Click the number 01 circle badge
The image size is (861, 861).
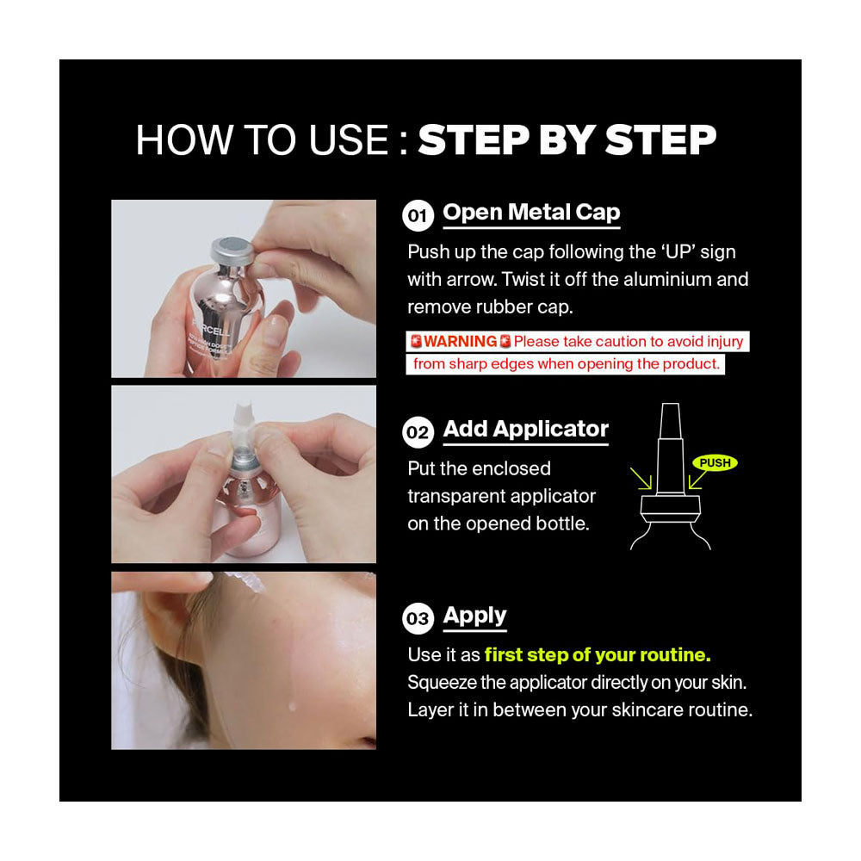coord(418,215)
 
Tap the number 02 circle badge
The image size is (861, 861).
coord(418,432)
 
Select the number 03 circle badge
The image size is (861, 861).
coord(418,619)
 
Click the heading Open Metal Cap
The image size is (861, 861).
coord(531,213)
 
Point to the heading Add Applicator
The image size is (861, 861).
coord(525,430)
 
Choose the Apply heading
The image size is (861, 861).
coord(474,616)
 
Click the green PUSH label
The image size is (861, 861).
coord(715,463)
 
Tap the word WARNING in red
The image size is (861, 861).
coord(460,342)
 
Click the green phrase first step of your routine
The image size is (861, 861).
coord(598,655)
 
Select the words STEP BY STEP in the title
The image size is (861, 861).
coord(567,141)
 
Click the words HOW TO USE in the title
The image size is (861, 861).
coord(262,141)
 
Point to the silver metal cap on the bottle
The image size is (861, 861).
coord(232,251)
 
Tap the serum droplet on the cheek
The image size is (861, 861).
coord(293,706)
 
